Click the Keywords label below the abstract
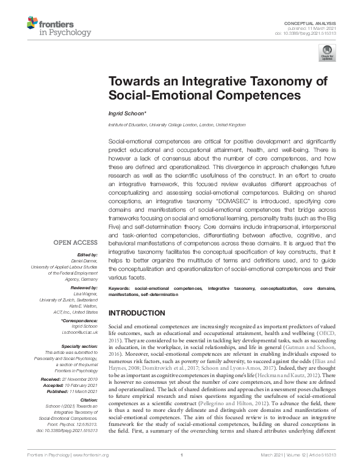click(x=120, y=287)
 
